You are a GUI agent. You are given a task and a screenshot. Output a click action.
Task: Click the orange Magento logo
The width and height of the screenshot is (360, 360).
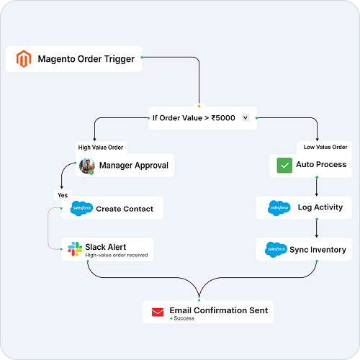click(x=24, y=58)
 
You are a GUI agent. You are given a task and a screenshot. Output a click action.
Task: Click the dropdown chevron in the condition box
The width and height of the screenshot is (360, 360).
click(x=246, y=117)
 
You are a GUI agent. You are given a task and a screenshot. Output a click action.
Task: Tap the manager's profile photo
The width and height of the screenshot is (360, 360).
click(x=86, y=166)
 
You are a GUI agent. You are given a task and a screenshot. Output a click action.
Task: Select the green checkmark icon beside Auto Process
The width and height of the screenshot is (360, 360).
click(x=284, y=165)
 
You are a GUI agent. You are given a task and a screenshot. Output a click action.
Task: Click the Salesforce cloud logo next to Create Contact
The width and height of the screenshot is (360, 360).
click(x=81, y=208)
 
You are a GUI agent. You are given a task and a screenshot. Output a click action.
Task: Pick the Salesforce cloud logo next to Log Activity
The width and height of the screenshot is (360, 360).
click(x=279, y=208)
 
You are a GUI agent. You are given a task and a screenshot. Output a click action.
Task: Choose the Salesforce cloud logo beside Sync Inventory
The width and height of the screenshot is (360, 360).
click(x=276, y=250)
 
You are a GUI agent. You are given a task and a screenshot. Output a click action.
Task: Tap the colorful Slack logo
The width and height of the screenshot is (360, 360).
click(x=75, y=249)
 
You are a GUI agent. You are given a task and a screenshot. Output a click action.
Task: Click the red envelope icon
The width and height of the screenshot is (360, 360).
click(x=158, y=312)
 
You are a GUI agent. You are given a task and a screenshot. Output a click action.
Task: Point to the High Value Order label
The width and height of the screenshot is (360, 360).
click(x=101, y=148)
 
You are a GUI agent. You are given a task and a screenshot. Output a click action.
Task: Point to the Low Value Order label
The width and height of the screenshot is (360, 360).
click(x=325, y=147)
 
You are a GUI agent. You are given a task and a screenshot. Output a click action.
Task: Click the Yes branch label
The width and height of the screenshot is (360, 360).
click(x=63, y=195)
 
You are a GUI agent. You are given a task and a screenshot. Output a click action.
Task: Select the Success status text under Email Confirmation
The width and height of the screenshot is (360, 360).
click(x=184, y=318)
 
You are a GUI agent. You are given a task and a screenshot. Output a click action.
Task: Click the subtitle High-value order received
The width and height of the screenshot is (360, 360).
click(x=117, y=255)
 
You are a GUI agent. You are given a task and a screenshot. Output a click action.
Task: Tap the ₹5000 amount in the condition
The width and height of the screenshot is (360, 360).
click(x=223, y=118)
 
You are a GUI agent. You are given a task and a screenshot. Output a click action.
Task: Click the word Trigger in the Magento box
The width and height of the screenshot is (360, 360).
click(x=120, y=59)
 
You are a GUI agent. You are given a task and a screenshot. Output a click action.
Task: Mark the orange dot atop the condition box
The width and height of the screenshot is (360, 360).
click(x=199, y=106)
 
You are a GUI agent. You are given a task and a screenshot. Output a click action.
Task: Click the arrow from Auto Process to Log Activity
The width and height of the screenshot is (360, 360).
click(x=317, y=186)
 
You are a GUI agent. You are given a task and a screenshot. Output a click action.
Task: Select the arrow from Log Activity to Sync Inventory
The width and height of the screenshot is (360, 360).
click(x=317, y=228)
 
